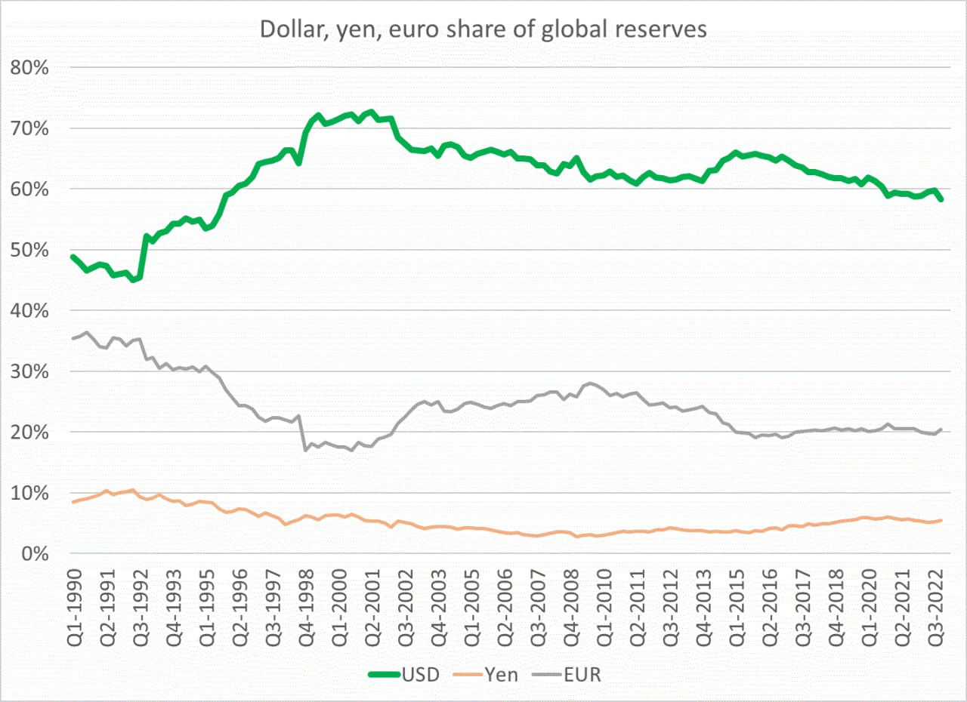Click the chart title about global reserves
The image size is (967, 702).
tap(483, 29)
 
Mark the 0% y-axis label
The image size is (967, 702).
tap(33, 555)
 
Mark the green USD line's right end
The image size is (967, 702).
tap(941, 200)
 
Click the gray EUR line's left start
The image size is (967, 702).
tap(73, 338)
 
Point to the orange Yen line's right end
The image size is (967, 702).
tap(941, 520)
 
